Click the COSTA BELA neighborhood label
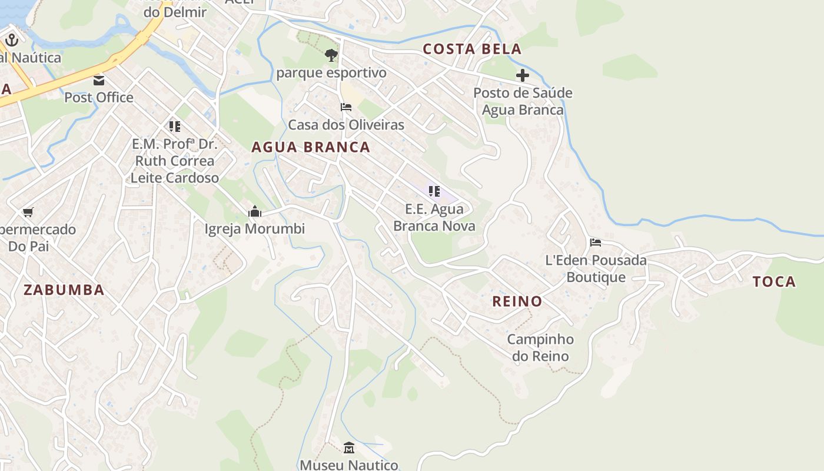click(x=472, y=49)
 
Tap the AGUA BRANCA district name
click(x=311, y=147)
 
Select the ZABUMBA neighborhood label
click(x=64, y=290)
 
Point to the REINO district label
click(x=517, y=301)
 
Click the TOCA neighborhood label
click(x=774, y=281)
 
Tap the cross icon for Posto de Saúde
click(x=522, y=75)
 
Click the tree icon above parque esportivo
click(x=331, y=55)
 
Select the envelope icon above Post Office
click(x=99, y=80)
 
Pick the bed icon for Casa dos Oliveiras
click(x=346, y=107)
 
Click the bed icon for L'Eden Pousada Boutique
click(x=596, y=242)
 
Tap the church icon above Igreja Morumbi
click(x=255, y=211)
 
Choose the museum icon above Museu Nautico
click(x=349, y=448)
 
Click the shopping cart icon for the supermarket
click(x=28, y=212)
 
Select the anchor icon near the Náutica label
click(x=12, y=41)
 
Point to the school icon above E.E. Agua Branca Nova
click(x=434, y=191)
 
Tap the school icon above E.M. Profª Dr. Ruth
click(x=174, y=126)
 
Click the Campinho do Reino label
click(x=540, y=347)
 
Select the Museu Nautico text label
click(x=349, y=465)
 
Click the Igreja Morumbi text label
click(x=255, y=228)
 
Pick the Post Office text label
click(x=99, y=97)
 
